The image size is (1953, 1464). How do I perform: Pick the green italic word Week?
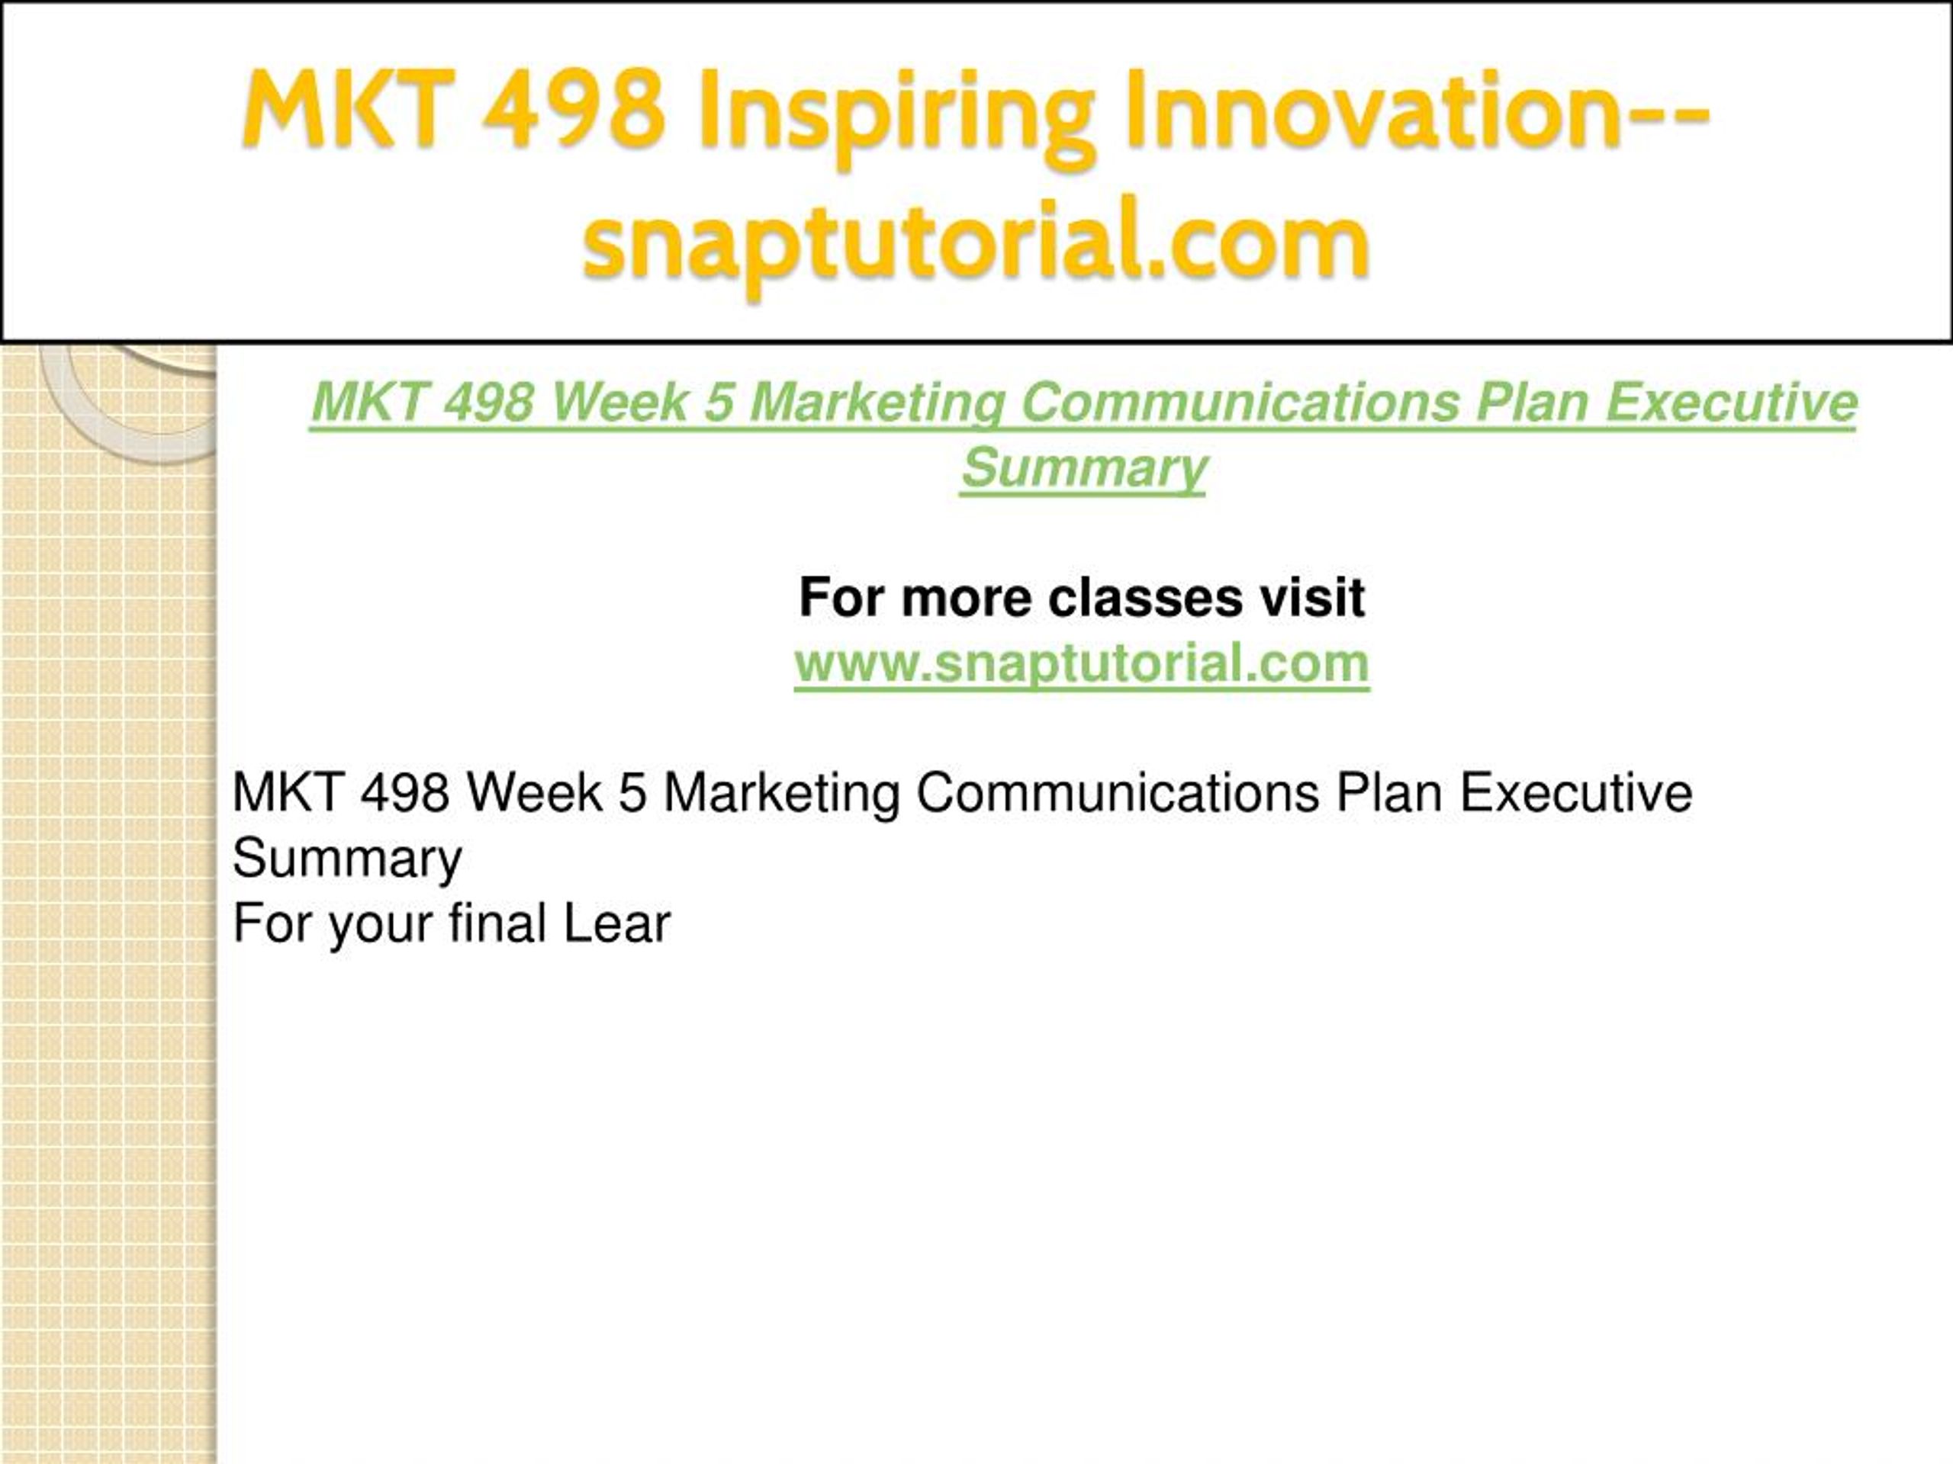tap(619, 402)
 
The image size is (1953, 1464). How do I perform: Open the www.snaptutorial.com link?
tap(1082, 663)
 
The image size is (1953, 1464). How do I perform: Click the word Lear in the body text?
tap(617, 924)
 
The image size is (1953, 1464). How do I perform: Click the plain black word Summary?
tap(347, 859)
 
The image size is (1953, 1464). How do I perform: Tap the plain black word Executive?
tap(1576, 792)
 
